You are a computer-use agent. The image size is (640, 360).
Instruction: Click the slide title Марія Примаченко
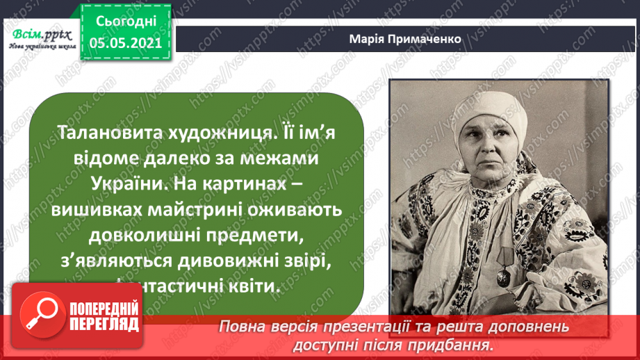tap(405, 39)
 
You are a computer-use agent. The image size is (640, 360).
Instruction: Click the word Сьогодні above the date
tap(124, 22)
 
